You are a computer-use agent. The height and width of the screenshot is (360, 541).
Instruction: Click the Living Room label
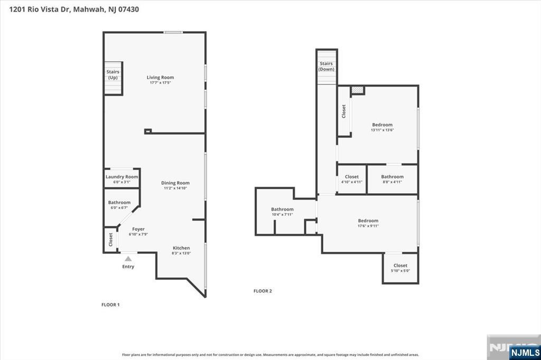coord(160,78)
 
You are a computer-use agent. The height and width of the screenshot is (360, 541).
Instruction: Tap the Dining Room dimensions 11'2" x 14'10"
coord(175,188)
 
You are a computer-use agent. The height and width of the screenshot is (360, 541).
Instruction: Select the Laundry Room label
coord(122,177)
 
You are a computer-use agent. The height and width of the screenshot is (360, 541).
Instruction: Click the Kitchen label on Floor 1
coord(181,248)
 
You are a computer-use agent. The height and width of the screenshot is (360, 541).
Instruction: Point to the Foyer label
coord(138,229)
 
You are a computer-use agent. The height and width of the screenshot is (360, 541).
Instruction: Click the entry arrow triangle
coord(128,259)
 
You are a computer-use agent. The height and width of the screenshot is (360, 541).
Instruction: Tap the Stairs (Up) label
coord(113,74)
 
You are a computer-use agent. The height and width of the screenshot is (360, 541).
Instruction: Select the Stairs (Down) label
coord(327,67)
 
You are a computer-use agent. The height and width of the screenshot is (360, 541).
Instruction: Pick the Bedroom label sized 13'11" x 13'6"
coord(382,125)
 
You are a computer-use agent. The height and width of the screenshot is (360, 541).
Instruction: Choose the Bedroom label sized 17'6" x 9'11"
coord(368,221)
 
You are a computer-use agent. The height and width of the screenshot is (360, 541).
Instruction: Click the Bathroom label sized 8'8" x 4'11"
coord(393,177)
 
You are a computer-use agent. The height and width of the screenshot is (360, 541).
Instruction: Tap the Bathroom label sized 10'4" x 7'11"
coord(282,209)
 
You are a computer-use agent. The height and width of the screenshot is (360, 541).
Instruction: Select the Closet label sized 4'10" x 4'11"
coord(352,177)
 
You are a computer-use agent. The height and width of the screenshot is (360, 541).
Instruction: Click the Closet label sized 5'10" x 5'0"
coord(400,266)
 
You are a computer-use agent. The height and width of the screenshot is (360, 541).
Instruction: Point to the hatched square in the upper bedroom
coord(358,90)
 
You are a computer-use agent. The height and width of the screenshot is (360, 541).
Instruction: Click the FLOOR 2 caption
coord(263,291)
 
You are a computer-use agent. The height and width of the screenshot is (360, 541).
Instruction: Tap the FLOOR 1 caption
coord(110,305)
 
